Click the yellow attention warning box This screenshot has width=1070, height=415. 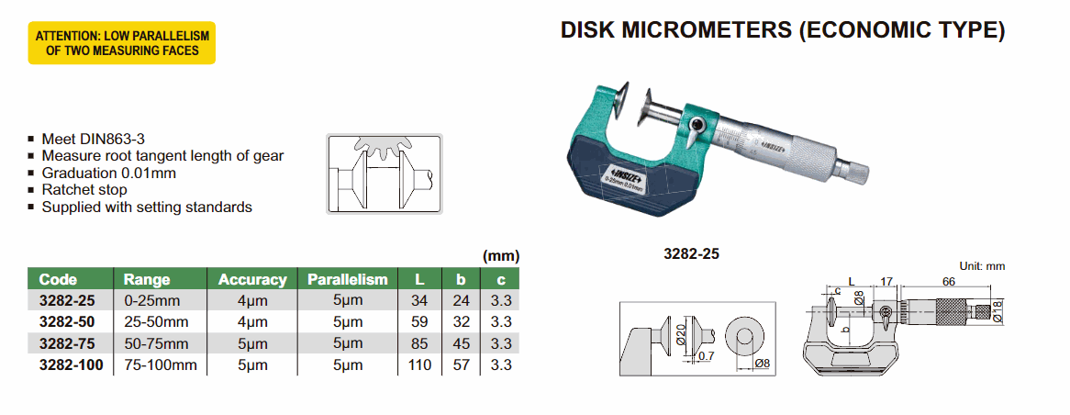122,43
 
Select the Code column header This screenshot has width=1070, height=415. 59,279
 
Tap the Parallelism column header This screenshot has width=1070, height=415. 347,279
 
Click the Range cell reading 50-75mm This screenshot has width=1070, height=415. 157,343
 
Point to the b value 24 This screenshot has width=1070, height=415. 462,300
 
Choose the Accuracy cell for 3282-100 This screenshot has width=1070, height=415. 252,365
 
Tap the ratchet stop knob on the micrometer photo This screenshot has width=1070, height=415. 854,170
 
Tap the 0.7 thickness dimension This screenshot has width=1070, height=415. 705,356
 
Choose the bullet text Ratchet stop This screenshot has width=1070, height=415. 83,190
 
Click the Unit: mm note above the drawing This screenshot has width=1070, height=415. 982,265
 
